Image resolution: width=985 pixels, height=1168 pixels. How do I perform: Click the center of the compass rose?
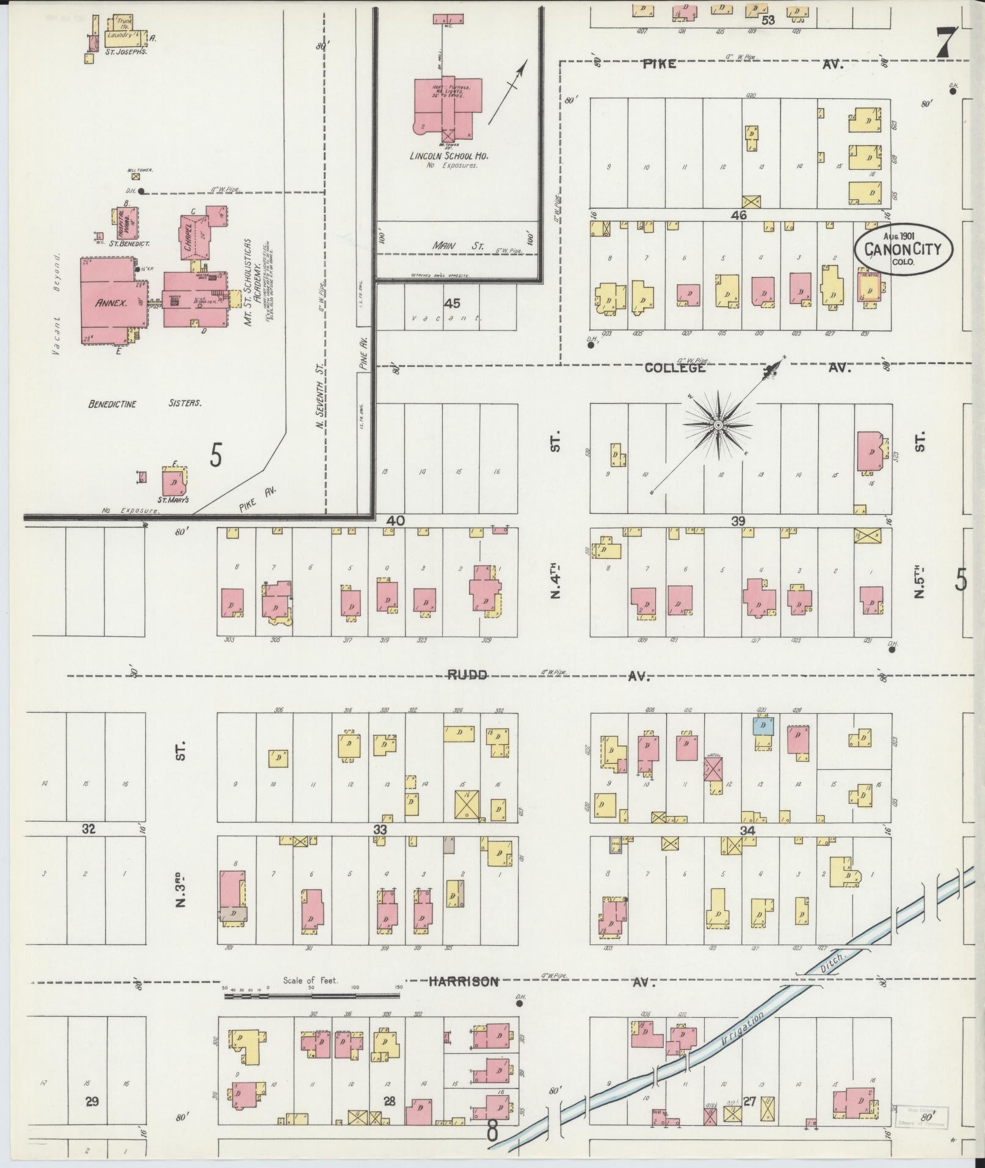coord(718,425)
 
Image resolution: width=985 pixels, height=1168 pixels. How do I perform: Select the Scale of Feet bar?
coord(311,995)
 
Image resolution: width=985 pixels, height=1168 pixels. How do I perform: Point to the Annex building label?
coord(111,302)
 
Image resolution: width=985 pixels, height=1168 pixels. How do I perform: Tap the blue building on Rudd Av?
coord(763,726)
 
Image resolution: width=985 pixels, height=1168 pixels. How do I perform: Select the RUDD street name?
coord(467,675)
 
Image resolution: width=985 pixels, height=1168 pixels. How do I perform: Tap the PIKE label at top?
coord(658,63)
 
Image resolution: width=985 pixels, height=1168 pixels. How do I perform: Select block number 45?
coord(452,303)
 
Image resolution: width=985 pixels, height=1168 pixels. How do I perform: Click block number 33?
coord(380,829)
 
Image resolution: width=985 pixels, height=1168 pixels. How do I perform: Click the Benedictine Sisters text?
coord(145,404)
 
